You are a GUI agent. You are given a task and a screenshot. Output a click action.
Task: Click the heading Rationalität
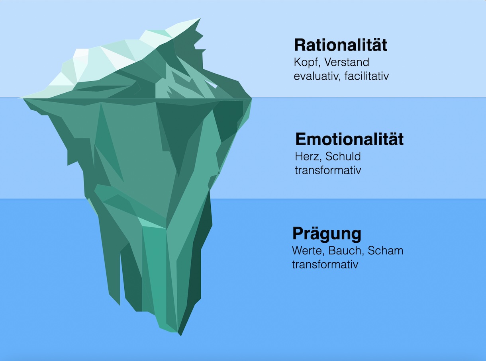point(341,45)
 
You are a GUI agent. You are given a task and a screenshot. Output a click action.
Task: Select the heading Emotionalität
point(349,139)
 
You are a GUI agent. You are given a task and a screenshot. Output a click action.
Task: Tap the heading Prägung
point(327,234)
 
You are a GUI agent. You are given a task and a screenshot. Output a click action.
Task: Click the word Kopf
point(305,63)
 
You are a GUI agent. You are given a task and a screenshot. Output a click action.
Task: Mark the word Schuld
point(343,157)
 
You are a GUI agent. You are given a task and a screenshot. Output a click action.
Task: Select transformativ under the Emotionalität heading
point(328,170)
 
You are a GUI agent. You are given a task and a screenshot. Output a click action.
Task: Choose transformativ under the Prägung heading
point(325,264)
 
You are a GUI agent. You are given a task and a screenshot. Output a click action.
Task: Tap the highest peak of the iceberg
point(199,18)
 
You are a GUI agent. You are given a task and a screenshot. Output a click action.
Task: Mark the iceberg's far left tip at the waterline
point(19,98)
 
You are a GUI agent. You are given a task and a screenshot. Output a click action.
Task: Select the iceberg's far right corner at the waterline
point(251,98)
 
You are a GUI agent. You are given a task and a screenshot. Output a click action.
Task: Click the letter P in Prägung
point(299,234)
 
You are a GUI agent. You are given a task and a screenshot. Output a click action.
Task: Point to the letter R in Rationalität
point(300,45)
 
